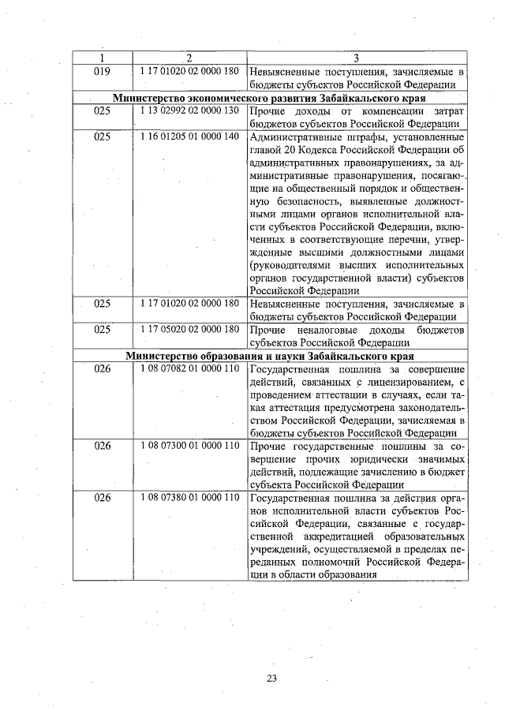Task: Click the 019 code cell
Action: pos(102,72)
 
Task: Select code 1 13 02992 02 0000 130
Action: pos(189,111)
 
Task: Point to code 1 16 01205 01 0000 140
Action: pos(189,136)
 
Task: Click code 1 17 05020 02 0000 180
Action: pos(189,330)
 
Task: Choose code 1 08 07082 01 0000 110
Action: pos(189,368)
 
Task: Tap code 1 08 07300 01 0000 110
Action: pos(189,446)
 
